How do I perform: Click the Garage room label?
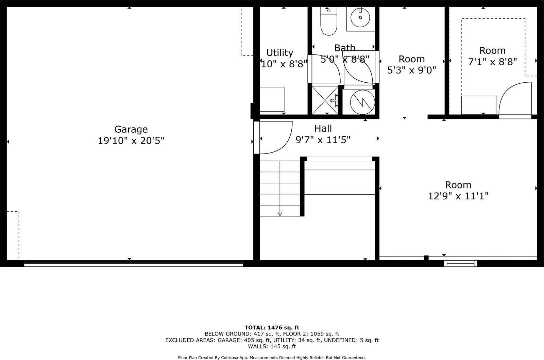click(x=131, y=129)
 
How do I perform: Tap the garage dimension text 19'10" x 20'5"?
click(x=131, y=141)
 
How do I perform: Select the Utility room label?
click(x=279, y=53)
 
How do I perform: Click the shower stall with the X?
click(x=325, y=100)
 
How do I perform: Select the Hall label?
click(x=323, y=128)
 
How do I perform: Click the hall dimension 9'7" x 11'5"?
click(x=323, y=140)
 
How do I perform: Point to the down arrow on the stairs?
click(x=280, y=213)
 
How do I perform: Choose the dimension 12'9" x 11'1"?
click(x=458, y=196)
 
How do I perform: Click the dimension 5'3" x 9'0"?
click(x=411, y=70)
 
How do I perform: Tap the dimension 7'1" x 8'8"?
click(x=492, y=62)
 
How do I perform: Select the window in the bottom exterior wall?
click(x=460, y=263)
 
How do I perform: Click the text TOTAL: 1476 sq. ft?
click(x=272, y=328)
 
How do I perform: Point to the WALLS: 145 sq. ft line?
click(x=272, y=346)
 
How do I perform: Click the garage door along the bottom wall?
click(x=133, y=263)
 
